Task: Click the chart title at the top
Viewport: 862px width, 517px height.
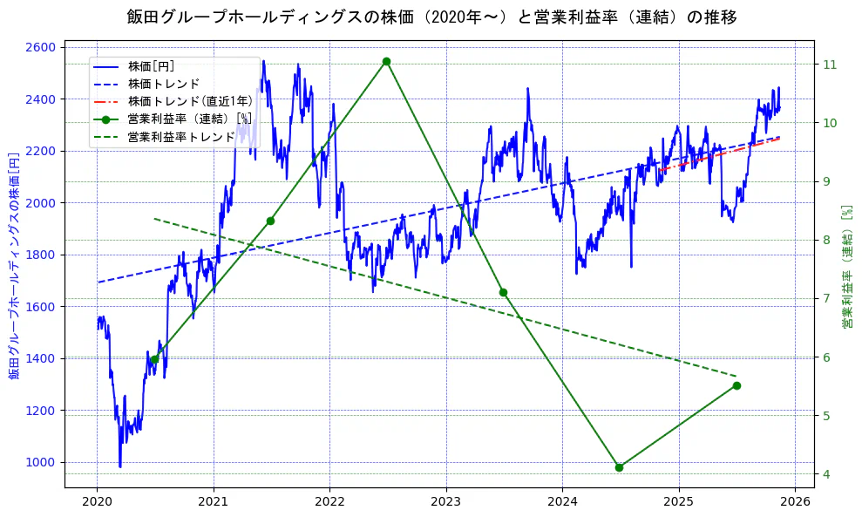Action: pyautogui.click(x=431, y=17)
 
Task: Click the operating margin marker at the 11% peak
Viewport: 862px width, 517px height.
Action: pyautogui.click(x=386, y=61)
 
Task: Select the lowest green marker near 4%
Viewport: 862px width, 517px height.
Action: pyautogui.click(x=619, y=467)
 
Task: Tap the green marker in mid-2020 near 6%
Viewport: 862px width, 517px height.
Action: pyautogui.click(x=154, y=359)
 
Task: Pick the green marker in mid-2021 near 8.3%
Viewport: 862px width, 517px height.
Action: pyautogui.click(x=270, y=221)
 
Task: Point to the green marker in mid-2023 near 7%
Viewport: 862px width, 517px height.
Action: pyautogui.click(x=503, y=292)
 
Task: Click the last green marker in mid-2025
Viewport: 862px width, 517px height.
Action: pyautogui.click(x=736, y=385)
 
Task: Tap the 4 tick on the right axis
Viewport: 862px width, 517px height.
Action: pyautogui.click(x=826, y=474)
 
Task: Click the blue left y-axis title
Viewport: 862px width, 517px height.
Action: pyautogui.click(x=14, y=267)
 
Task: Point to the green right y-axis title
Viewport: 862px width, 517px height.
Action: pyautogui.click(x=846, y=267)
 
